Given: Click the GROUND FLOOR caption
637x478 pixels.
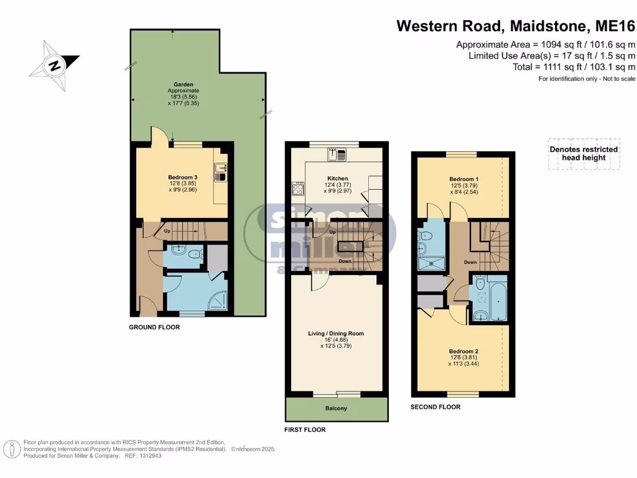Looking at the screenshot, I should (154, 327).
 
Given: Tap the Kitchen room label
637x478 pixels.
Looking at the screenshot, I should (337, 178).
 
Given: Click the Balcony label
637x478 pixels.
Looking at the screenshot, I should (337, 409).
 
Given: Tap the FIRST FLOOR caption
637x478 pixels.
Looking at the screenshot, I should (305, 429).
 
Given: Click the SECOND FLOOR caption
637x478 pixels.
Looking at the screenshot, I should (435, 407).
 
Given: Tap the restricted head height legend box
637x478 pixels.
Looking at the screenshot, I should (583, 154).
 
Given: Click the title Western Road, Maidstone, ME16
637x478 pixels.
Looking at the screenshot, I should (516, 26).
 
